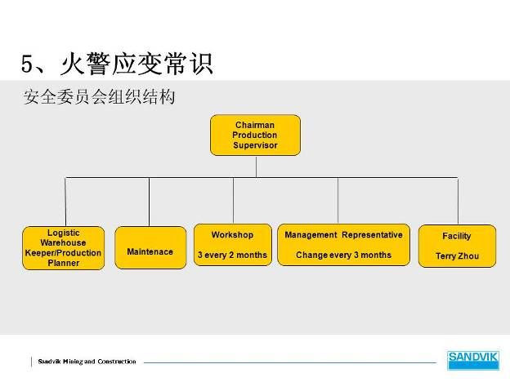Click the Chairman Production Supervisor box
click(255, 135)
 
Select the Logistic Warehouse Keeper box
click(64, 248)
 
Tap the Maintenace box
click(150, 247)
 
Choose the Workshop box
click(233, 245)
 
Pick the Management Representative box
click(343, 245)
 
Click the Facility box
click(457, 246)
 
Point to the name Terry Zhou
click(458, 256)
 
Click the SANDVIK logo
click(473, 360)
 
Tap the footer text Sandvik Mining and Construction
click(87, 362)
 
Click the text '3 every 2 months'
click(232, 255)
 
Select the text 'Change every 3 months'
click(343, 255)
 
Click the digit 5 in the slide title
click(27, 63)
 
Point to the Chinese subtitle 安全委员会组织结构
click(99, 96)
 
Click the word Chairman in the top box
click(255, 125)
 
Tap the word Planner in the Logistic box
click(64, 263)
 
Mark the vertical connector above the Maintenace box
click(150, 202)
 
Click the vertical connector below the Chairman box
click(257, 167)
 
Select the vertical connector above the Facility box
click(458, 201)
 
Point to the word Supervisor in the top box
click(255, 145)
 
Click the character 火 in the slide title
click(72, 64)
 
